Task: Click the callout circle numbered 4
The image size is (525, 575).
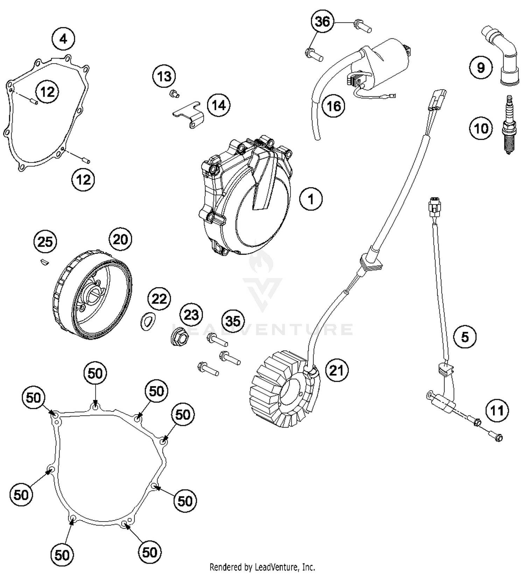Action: tap(63, 39)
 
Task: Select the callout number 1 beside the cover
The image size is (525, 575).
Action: tap(311, 199)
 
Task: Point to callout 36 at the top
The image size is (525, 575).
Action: tap(322, 22)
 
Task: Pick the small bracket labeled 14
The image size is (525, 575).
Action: tap(189, 114)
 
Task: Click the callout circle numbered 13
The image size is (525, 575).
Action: tap(164, 76)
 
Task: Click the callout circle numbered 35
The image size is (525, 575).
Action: tap(233, 321)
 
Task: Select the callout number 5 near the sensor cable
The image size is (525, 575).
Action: tap(465, 337)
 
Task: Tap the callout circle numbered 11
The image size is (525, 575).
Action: tap(497, 410)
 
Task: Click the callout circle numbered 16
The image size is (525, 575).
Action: tap(333, 106)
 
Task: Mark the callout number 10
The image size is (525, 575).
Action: tap(481, 128)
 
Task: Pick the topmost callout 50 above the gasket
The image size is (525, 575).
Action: tap(95, 373)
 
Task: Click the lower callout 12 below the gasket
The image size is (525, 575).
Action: tap(83, 180)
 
